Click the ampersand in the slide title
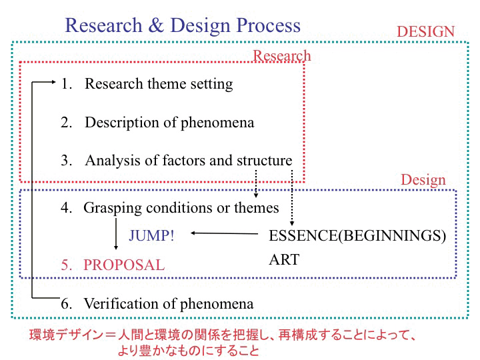click(156, 25)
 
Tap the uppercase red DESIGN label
click(425, 31)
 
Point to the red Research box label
click(281, 56)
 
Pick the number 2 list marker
click(66, 123)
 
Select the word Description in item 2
click(122, 123)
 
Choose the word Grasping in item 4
click(113, 209)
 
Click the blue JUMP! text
click(151, 235)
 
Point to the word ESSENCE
click(303, 235)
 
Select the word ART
click(284, 259)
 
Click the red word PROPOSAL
click(124, 265)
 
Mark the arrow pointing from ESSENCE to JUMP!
click(225, 233)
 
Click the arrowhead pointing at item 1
click(53, 82)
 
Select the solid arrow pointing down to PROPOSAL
click(116, 234)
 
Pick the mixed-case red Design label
click(423, 180)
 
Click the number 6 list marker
click(66, 304)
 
